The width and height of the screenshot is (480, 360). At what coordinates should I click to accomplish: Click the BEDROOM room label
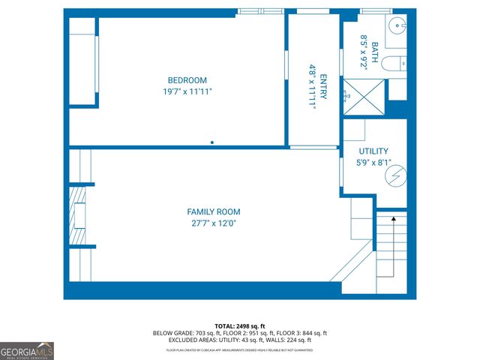[x=187, y=80]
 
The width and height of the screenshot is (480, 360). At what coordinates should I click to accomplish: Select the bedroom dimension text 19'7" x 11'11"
[x=187, y=92]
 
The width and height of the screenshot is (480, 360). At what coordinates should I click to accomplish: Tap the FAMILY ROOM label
[x=214, y=212]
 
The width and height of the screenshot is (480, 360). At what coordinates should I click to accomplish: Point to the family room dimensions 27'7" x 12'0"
[x=214, y=223]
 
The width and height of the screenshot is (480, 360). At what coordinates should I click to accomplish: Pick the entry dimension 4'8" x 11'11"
[x=312, y=86]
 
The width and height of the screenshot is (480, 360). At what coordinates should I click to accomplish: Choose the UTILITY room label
[x=373, y=151]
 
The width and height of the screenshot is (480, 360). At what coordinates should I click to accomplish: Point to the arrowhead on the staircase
[x=391, y=219]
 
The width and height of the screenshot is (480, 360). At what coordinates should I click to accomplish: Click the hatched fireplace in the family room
[x=78, y=217]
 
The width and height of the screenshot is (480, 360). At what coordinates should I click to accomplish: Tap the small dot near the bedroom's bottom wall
[x=213, y=142]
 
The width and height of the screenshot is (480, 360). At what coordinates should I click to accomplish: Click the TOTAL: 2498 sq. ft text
[x=240, y=325]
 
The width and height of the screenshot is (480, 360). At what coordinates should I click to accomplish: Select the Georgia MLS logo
[x=27, y=350]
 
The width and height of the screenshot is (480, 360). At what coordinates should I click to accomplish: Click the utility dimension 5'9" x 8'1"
[x=373, y=162]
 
